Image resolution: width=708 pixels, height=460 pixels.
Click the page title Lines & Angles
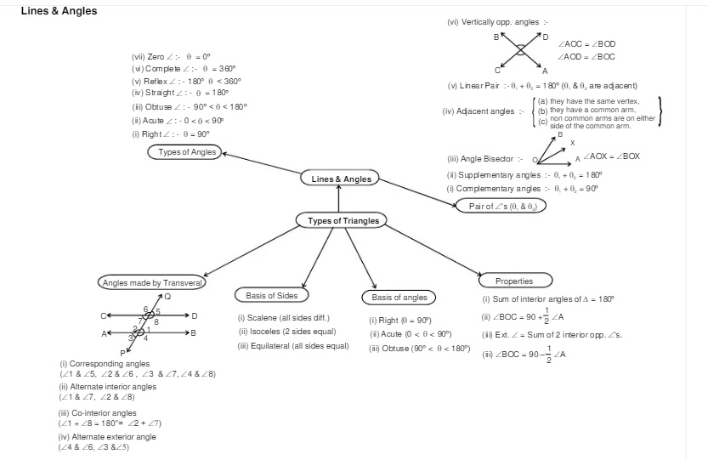pos(59,11)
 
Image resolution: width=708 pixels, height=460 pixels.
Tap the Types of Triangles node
pos(343,221)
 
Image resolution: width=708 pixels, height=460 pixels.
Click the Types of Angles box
pos(187,152)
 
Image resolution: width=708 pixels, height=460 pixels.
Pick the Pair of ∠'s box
pos(501,206)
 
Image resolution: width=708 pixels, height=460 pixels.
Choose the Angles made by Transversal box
pos(152,282)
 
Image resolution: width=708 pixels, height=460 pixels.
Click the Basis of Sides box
pos(272,296)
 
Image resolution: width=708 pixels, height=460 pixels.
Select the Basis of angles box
pos(399,298)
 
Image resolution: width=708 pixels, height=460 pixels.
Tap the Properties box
pos(514,281)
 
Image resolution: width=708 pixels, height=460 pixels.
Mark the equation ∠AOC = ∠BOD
pos(586,43)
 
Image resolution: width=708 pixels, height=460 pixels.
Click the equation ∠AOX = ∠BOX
pos(611,157)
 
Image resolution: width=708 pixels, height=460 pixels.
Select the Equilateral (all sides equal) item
pos(293,346)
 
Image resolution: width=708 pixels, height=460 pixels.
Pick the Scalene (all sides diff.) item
pos(283,318)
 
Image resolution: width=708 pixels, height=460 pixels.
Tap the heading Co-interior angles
pos(98,413)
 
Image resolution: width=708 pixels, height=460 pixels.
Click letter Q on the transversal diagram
pos(167,297)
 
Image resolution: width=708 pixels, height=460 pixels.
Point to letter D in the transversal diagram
pos(195,315)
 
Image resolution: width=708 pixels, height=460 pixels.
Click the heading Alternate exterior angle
pos(107,437)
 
